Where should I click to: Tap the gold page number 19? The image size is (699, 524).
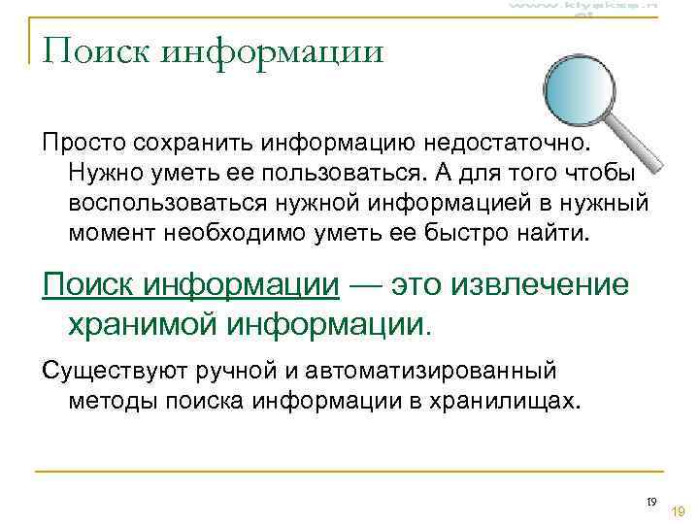(x=679, y=510)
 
